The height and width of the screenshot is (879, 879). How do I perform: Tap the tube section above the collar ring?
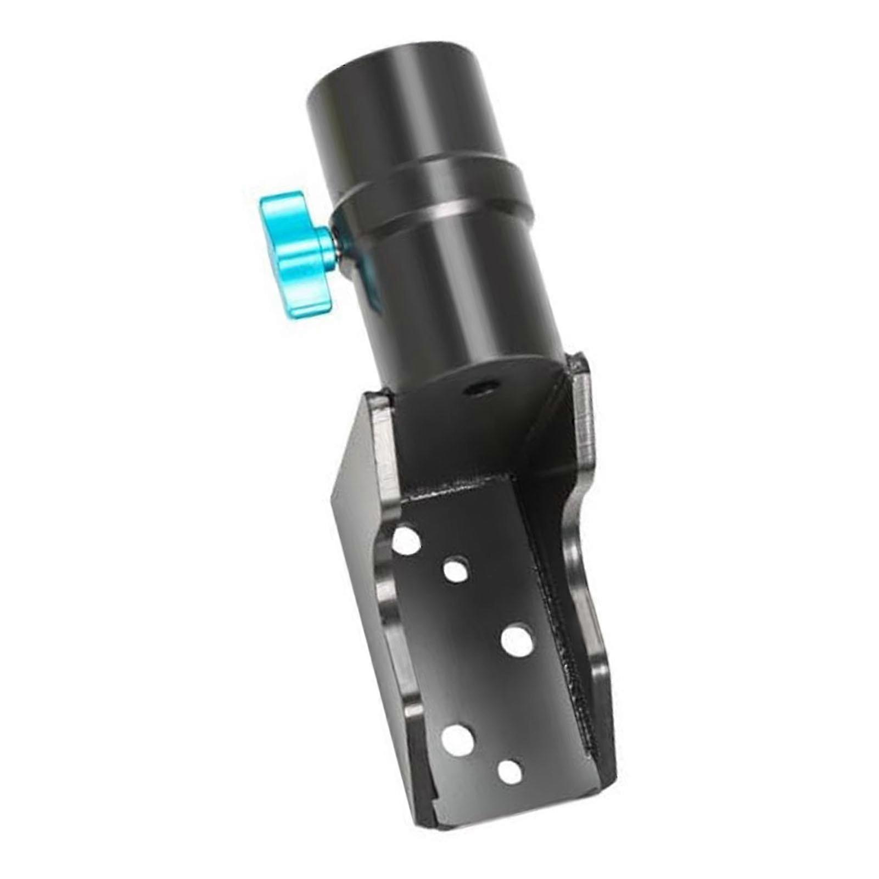(406, 110)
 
